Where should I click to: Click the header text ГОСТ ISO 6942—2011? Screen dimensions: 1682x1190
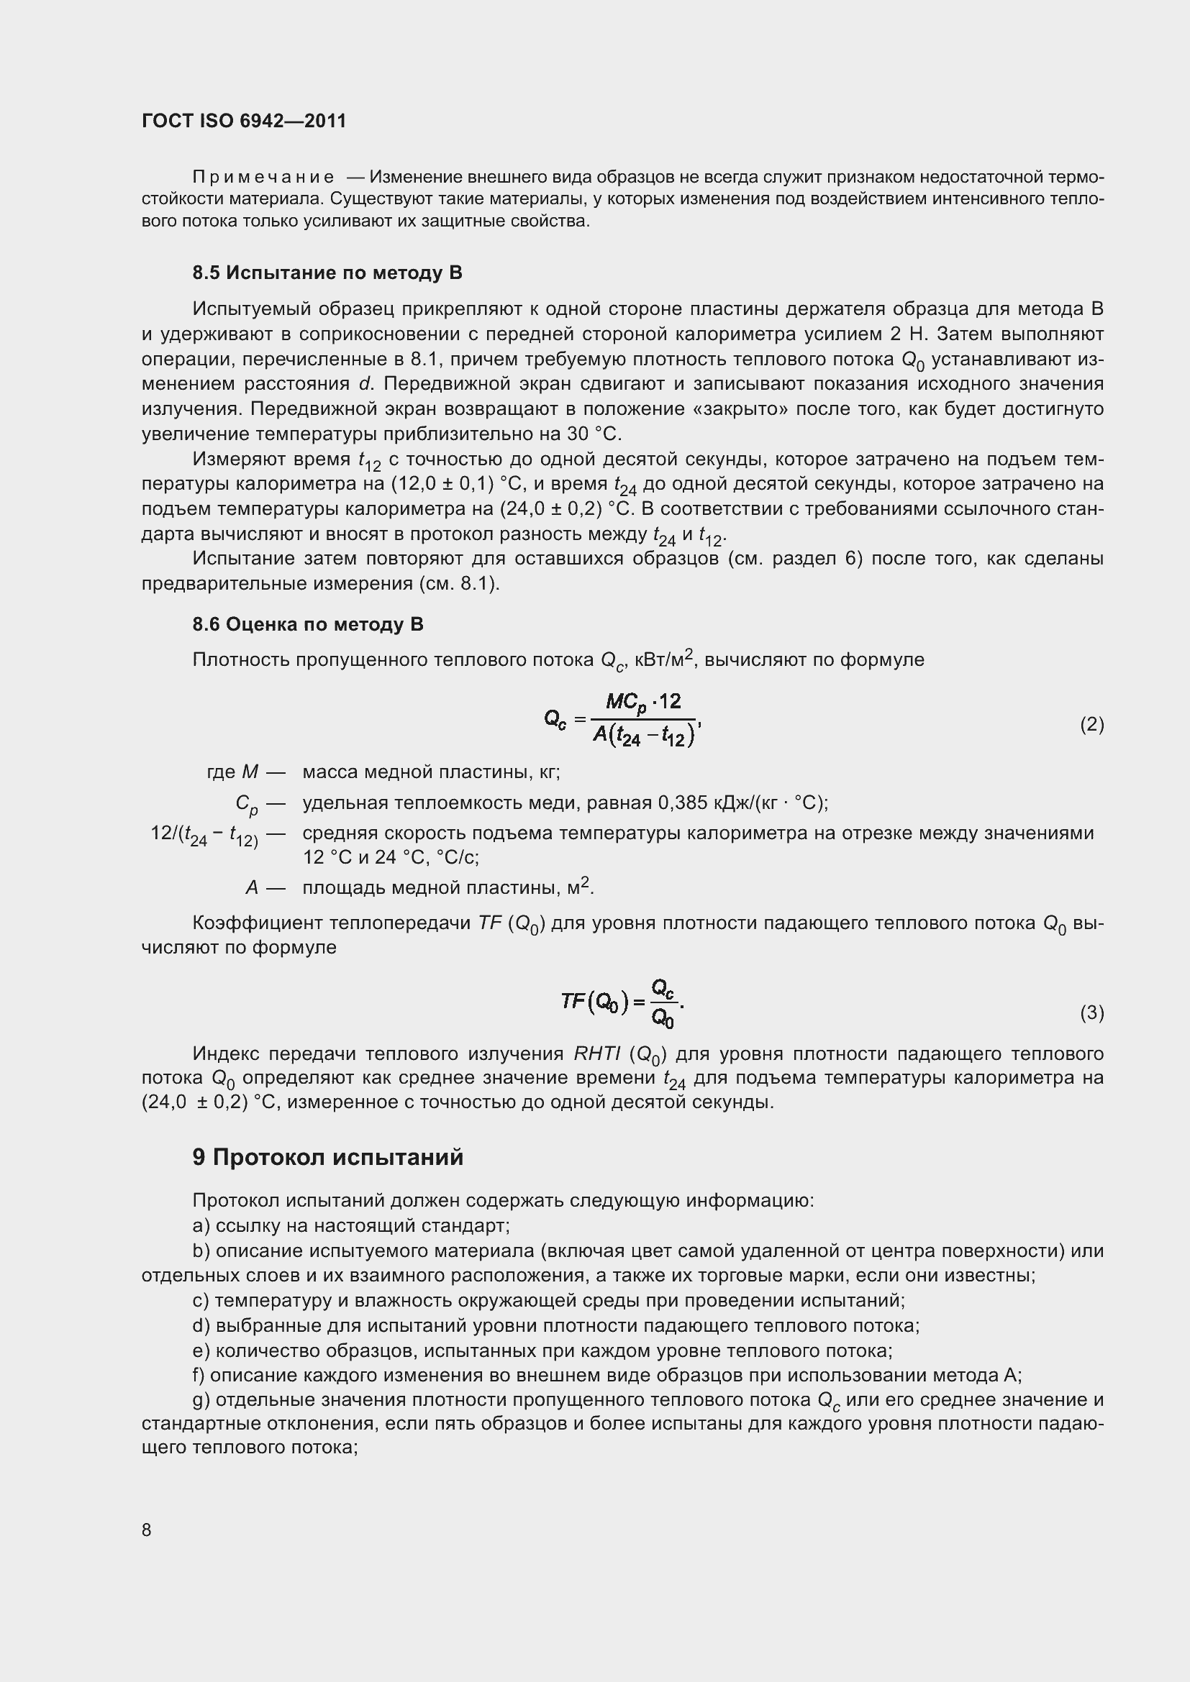(x=243, y=121)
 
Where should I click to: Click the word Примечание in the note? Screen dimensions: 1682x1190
(x=263, y=178)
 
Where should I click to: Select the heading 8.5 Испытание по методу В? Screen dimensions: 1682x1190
(x=327, y=273)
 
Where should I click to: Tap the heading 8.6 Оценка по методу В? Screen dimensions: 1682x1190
(x=308, y=624)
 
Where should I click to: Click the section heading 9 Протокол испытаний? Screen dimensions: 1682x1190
(x=327, y=1157)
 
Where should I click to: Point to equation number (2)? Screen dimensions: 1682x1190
(x=1091, y=725)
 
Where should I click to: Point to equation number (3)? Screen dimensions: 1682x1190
(x=1091, y=1013)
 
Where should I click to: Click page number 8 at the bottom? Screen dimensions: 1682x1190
(x=147, y=1530)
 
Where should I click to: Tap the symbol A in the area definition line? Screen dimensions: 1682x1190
(x=251, y=888)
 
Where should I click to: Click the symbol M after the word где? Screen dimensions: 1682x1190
(x=250, y=772)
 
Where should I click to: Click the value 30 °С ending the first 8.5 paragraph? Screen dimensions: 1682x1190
(x=594, y=434)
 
